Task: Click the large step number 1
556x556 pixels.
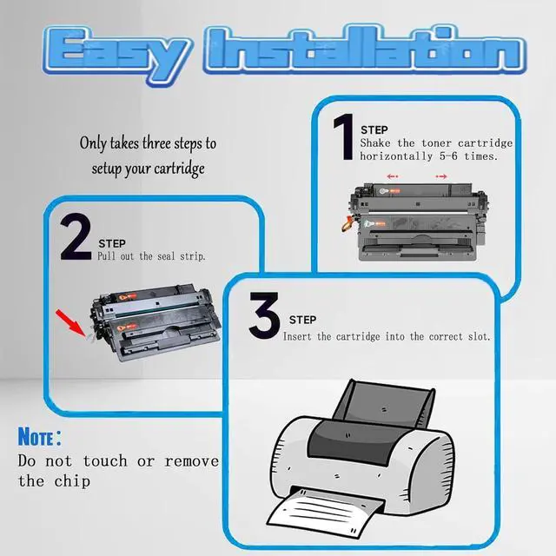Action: click(x=344, y=137)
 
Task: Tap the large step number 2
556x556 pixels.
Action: click(x=76, y=237)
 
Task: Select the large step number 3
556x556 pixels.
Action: click(x=264, y=315)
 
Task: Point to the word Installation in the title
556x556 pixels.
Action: click(x=365, y=49)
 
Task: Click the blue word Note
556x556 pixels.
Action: click(x=36, y=436)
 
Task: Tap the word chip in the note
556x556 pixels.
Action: click(x=72, y=481)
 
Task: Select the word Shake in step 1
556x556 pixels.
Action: click(x=375, y=142)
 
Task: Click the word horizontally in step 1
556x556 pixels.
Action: click(x=396, y=156)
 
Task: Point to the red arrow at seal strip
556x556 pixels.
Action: click(x=69, y=322)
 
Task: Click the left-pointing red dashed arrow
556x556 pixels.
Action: click(x=393, y=176)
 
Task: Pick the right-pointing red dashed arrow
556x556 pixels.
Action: click(x=441, y=176)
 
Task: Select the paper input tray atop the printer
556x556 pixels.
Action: click(x=385, y=403)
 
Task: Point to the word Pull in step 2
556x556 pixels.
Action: click(x=106, y=256)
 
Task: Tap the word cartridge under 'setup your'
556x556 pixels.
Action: click(x=179, y=169)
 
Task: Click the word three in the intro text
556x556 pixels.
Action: click(x=156, y=142)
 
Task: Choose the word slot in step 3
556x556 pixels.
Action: click(x=479, y=336)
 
